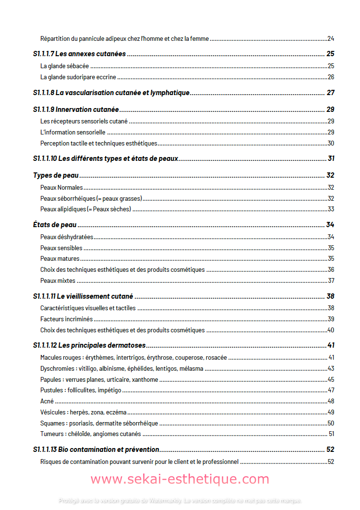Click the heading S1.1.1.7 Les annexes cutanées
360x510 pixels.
[x=79, y=54]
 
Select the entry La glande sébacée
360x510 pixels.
[x=64, y=66]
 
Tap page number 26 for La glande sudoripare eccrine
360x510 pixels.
[x=331, y=77]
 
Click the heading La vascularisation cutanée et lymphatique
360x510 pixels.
[x=111, y=93]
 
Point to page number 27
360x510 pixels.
[x=330, y=93]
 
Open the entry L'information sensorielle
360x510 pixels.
[x=73, y=132]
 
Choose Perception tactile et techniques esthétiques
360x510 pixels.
[x=99, y=143]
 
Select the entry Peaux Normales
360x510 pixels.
[x=61, y=187]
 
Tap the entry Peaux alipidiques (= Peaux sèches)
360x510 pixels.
[x=85, y=209]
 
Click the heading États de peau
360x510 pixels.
[x=55, y=225]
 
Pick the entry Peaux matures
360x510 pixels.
[x=60, y=259]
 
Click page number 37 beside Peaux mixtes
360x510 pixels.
[x=331, y=280]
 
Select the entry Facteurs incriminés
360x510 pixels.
[x=66, y=319]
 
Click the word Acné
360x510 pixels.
[x=47, y=401]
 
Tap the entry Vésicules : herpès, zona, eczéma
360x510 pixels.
[x=83, y=412]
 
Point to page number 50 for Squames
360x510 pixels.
[x=331, y=423]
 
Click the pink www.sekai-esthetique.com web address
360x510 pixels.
[x=180, y=479]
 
